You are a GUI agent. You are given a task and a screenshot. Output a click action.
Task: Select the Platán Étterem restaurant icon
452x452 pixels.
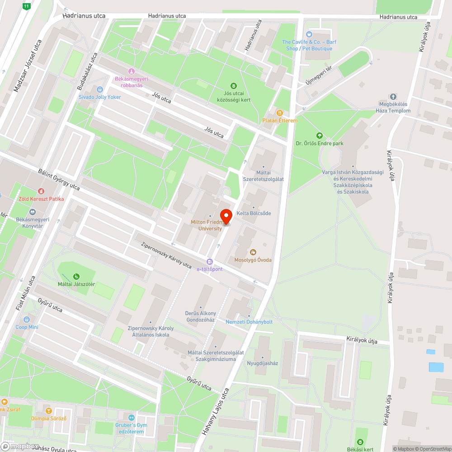280,113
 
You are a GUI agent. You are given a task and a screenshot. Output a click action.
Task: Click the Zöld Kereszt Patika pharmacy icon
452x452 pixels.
41,192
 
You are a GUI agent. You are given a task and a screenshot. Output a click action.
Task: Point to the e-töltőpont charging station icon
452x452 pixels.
209,262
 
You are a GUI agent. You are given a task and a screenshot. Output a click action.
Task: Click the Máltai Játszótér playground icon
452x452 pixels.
76,277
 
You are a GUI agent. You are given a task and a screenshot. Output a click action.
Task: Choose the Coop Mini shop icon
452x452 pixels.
27,320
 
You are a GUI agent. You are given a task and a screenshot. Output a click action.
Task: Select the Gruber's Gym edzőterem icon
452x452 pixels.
132,418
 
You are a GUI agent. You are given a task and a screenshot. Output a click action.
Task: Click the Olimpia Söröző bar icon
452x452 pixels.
49,410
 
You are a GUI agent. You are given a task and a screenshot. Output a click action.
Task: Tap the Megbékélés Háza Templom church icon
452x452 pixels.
393,97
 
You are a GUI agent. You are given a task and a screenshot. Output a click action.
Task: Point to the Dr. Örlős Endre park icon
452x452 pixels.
320,136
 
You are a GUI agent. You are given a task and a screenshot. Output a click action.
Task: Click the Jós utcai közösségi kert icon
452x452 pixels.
233,85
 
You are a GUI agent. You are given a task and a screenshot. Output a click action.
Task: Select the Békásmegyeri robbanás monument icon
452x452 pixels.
132,71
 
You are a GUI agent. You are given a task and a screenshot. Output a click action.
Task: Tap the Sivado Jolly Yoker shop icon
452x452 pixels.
100,89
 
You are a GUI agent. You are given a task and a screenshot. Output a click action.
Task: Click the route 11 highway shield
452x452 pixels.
27,6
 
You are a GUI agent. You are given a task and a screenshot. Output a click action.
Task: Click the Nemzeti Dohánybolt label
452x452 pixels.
249,322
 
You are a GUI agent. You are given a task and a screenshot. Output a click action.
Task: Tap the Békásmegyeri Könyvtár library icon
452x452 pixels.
32,212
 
